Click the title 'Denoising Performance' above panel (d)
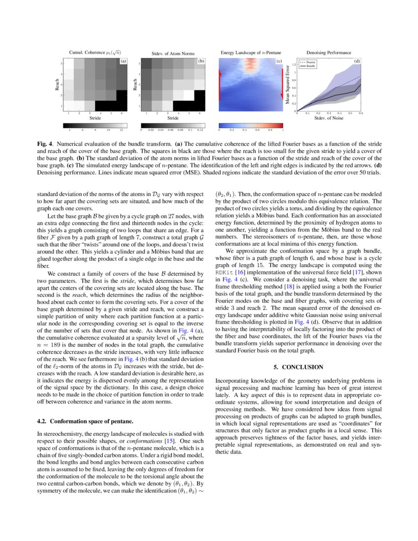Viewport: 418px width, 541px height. click(328, 53)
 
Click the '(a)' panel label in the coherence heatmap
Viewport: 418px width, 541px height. click(123, 61)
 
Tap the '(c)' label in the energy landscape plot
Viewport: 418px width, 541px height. click(279, 61)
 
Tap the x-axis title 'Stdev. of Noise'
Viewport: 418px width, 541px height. click(328, 118)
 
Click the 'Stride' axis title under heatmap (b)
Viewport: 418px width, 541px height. click(173, 118)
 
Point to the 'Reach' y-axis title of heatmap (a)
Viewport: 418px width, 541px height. click(58, 85)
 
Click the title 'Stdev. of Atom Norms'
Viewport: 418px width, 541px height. click(173, 53)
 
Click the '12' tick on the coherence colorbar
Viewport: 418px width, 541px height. click(121, 131)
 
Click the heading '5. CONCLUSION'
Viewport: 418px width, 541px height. click(299, 367)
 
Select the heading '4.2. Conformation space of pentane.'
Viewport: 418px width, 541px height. click(85, 421)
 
